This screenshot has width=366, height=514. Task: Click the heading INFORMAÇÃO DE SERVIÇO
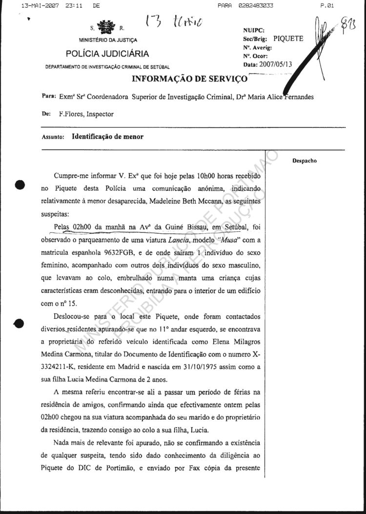(189, 79)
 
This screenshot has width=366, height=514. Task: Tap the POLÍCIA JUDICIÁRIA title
(108, 54)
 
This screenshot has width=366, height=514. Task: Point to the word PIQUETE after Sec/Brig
(288, 38)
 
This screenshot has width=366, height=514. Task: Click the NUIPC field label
(253, 30)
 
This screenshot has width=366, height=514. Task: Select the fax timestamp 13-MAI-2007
(35, 6)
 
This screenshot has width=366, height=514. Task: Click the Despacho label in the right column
(305, 161)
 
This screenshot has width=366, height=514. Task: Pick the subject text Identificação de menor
(108, 137)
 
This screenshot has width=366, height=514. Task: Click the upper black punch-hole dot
(20, 185)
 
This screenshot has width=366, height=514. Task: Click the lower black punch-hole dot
(20, 323)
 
